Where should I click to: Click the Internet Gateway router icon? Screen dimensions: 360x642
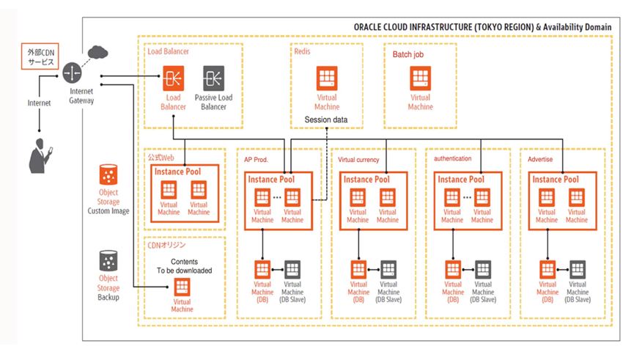pyautogui.click(x=73, y=73)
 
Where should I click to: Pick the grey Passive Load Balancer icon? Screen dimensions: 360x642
pyautogui.click(x=213, y=78)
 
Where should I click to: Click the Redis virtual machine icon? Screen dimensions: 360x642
pyautogui.click(x=327, y=79)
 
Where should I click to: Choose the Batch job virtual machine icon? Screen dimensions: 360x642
pyautogui.click(x=420, y=79)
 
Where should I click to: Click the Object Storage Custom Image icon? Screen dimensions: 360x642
pyautogui.click(x=108, y=176)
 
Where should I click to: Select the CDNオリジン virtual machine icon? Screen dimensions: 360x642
pyautogui.click(x=182, y=286)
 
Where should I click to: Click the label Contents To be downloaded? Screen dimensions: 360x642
pyautogui.click(x=183, y=265)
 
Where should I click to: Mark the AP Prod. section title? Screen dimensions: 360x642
pyautogui.click(x=256, y=159)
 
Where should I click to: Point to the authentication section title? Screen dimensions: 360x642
pyautogui.click(x=452, y=158)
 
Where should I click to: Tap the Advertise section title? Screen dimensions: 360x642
pyautogui.click(x=540, y=159)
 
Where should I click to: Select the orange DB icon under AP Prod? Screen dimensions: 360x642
pyautogui.click(x=262, y=269)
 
